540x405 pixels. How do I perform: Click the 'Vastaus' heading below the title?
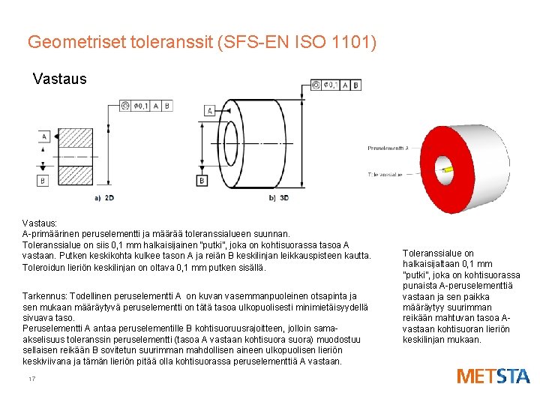[60, 79]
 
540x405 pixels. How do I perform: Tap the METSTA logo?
[493, 376]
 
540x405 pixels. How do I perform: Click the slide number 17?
[31, 379]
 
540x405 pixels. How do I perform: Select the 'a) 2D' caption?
[104, 197]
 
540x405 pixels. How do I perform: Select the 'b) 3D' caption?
[277, 197]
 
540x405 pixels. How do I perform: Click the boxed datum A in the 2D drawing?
[45, 136]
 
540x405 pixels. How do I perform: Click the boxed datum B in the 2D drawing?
[43, 181]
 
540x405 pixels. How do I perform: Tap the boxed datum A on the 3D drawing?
[209, 110]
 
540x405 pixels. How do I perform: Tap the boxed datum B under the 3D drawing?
[201, 180]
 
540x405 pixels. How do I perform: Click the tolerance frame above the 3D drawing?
[335, 85]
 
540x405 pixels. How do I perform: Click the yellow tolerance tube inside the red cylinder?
[445, 170]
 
